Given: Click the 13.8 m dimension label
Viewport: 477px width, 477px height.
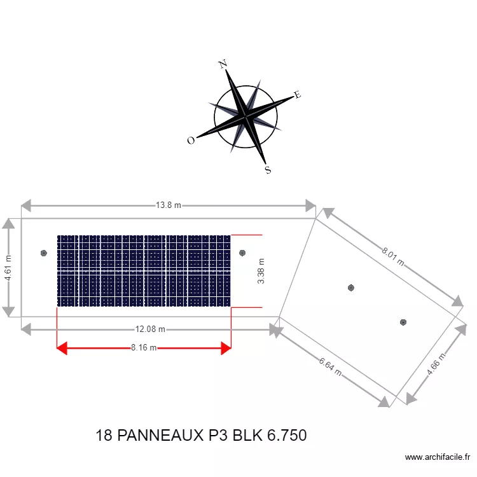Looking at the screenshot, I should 169,205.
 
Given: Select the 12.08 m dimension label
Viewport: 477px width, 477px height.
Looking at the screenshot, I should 150,329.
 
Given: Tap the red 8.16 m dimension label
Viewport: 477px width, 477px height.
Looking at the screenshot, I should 144,348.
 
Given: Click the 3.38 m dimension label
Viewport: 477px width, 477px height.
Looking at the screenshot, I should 261,271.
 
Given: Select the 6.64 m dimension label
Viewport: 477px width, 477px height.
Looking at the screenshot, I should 331,365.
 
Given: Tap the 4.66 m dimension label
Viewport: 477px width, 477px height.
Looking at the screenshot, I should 436,364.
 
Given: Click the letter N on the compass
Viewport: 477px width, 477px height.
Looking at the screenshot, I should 223,64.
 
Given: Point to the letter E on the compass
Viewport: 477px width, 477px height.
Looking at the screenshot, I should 297,95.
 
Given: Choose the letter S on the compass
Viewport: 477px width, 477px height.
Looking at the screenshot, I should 268,170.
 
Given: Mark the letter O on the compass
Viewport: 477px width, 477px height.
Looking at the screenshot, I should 190,141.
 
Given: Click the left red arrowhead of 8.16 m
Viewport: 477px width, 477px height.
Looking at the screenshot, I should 62,348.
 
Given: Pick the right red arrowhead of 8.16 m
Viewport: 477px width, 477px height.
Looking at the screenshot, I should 226,348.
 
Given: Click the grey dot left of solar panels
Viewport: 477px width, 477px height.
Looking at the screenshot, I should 44,253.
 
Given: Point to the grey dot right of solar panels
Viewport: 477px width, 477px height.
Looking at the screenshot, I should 242,253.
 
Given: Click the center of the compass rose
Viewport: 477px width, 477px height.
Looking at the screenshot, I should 245,116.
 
